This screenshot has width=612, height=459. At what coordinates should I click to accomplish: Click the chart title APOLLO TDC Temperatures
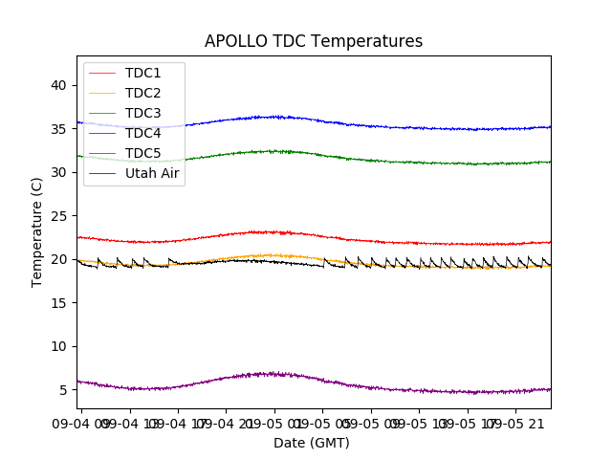point(313,41)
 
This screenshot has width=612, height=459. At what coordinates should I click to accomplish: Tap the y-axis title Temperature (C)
point(37,232)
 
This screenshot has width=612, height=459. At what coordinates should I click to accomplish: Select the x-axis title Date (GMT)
point(312,443)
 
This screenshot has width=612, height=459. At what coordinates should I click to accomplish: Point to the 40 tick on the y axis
point(58,85)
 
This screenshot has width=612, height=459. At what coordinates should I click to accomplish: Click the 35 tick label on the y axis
point(58,129)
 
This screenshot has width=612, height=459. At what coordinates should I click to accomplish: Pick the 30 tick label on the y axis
point(58,172)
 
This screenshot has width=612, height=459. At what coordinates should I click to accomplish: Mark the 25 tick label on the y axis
point(58,216)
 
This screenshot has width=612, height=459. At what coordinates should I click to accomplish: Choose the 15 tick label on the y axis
point(58,303)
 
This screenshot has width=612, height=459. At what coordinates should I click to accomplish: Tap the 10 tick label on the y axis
point(58,346)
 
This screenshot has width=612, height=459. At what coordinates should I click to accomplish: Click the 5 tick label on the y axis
point(62,390)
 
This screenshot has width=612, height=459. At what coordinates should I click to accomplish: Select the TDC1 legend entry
point(142,73)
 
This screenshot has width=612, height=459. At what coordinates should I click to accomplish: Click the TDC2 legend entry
point(142,93)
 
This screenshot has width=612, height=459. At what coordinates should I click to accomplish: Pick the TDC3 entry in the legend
point(142,113)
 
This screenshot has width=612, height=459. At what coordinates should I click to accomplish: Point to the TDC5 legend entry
point(142,153)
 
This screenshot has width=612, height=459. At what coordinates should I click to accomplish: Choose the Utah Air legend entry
point(152,173)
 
